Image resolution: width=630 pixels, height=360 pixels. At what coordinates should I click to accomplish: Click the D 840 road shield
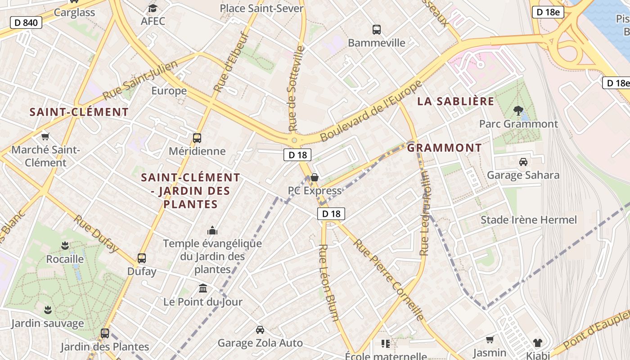pyautogui.click(x=26, y=22)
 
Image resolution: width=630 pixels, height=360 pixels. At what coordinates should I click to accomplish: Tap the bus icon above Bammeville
pyautogui.click(x=377, y=30)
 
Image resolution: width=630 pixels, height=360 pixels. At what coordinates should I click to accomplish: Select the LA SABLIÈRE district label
pyautogui.click(x=455, y=101)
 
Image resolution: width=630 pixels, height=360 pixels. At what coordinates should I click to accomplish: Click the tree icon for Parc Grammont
pyautogui.click(x=518, y=110)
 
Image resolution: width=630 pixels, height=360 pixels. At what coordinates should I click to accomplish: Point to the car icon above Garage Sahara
pyautogui.click(x=523, y=162)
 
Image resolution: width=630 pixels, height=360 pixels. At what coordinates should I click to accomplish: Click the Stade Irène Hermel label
pyautogui.click(x=528, y=220)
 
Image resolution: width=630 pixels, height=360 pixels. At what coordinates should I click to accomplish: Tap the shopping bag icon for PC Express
pyautogui.click(x=315, y=177)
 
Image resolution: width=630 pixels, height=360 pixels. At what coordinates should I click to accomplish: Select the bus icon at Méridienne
pyautogui.click(x=197, y=138)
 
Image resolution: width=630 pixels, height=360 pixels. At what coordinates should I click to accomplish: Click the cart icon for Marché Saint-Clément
pyautogui.click(x=45, y=136)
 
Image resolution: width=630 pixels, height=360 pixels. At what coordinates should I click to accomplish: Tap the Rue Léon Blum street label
pyautogui.click(x=328, y=283)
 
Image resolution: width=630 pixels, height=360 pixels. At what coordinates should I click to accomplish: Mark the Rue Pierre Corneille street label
pyautogui.click(x=389, y=280)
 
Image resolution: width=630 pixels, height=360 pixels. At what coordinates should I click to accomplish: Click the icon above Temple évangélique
pyautogui.click(x=212, y=231)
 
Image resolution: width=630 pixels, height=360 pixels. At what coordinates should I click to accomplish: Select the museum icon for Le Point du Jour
pyautogui.click(x=203, y=288)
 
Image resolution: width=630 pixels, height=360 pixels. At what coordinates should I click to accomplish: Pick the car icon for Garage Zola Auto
pyautogui.click(x=260, y=330)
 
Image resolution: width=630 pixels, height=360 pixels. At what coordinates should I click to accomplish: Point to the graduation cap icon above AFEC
pyautogui.click(x=153, y=8)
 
